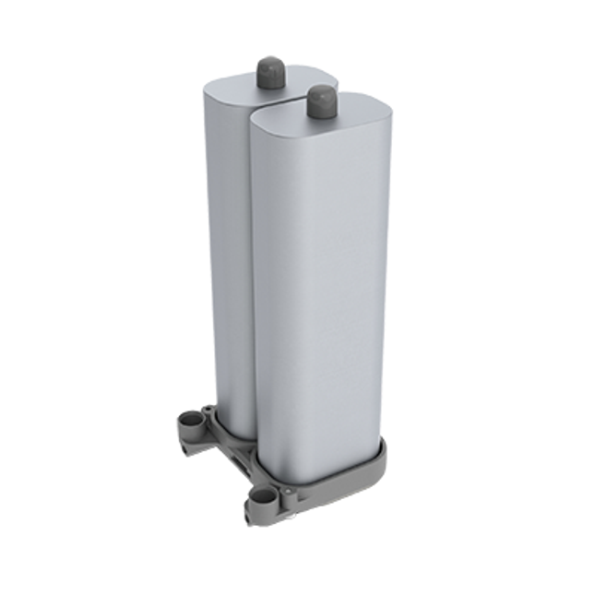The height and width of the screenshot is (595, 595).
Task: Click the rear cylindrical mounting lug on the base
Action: pyautogui.click(x=190, y=421)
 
